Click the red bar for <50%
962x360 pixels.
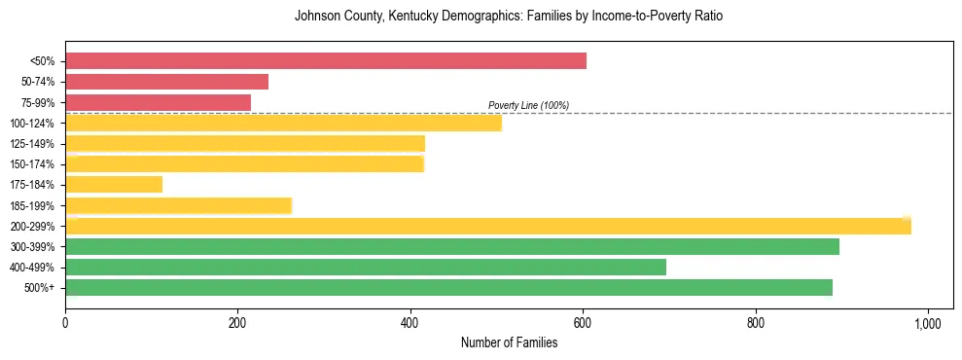pos(326,61)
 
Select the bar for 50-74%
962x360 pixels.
pos(166,82)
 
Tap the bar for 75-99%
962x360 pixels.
pos(158,102)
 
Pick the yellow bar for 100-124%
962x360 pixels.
pos(283,123)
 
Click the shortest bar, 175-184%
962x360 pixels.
pos(114,184)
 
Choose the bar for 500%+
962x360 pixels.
pos(448,287)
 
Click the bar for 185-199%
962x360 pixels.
pos(178,205)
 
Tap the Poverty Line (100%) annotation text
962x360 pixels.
pos(528,105)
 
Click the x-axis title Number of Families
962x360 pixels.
pos(509,342)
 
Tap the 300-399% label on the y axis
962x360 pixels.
pos(32,246)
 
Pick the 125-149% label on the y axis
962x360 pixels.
pos(32,144)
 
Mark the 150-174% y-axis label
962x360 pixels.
pos(32,164)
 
